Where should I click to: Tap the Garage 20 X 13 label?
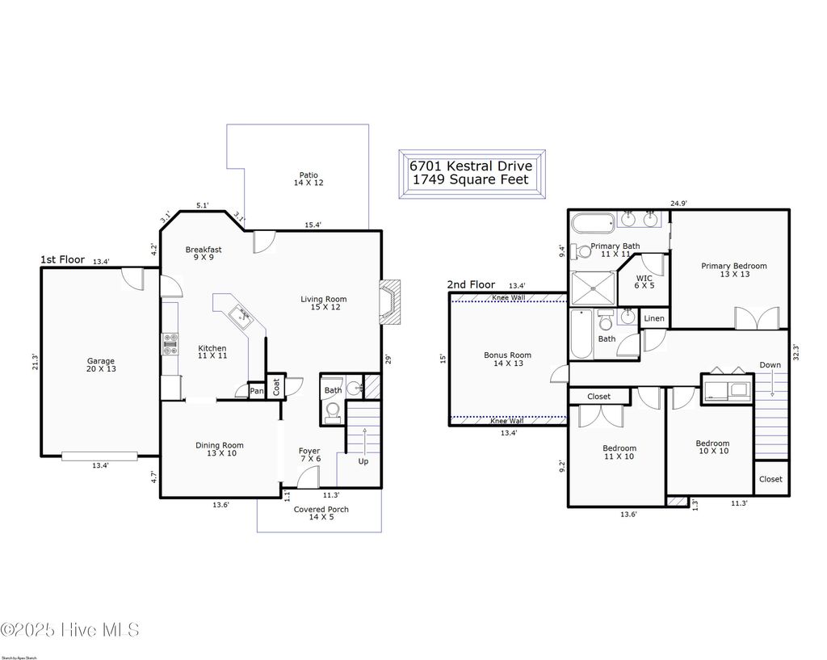click(x=101, y=366)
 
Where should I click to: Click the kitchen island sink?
click(x=240, y=315)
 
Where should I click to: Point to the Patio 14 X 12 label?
click(x=308, y=179)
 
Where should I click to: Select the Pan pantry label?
click(x=256, y=391)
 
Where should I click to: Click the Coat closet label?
click(x=275, y=388)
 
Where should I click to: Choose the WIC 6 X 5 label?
click(x=644, y=280)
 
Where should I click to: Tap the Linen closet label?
click(x=654, y=318)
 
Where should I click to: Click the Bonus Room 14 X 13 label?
click(x=507, y=359)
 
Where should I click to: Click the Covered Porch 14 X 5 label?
click(x=321, y=513)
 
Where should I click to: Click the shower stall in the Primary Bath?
click(x=592, y=287)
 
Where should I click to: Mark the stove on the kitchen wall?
click(x=170, y=345)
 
